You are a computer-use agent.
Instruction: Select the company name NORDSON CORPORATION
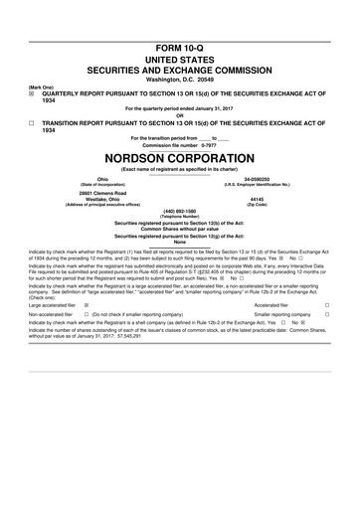click(179, 157)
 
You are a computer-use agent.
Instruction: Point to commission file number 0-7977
click(179, 144)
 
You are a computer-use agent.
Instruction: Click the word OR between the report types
click(179, 115)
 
